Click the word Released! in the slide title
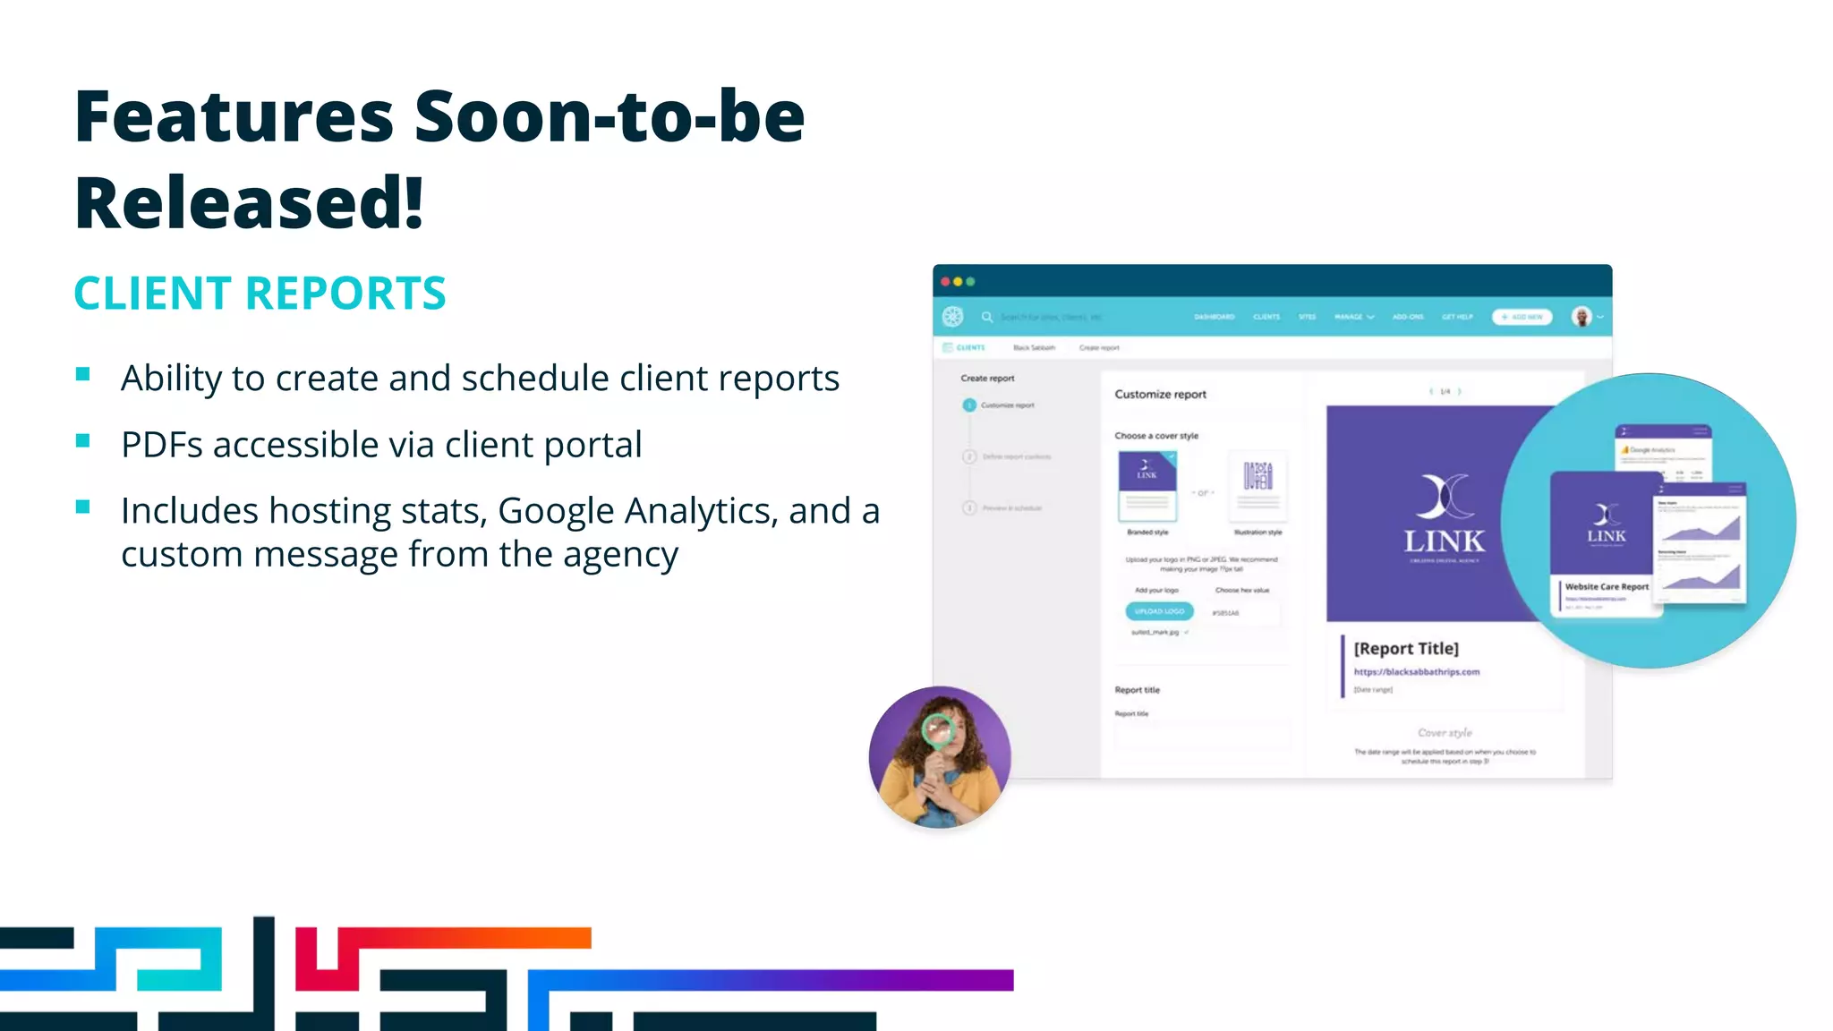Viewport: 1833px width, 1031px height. coord(249,203)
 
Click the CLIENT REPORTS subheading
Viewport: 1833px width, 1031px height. coord(260,294)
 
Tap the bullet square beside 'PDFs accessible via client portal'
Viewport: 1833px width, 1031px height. coord(83,440)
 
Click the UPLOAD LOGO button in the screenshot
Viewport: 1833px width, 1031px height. coord(1159,611)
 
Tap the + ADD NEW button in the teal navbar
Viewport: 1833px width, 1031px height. coord(1522,317)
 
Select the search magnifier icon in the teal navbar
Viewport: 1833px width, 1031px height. coord(986,317)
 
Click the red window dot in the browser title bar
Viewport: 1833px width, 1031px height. coord(945,282)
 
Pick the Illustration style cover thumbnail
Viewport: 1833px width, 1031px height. coord(1258,486)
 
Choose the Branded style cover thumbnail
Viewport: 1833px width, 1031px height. coord(1147,486)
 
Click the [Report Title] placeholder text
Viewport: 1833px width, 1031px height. coord(1406,648)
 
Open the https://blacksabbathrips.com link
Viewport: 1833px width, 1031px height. coord(1416,671)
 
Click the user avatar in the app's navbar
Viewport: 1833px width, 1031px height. coord(1581,317)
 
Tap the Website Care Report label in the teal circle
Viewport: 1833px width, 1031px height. coord(1607,587)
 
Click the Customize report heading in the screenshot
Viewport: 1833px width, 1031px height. coord(1160,394)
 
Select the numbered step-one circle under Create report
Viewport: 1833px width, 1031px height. coord(968,405)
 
